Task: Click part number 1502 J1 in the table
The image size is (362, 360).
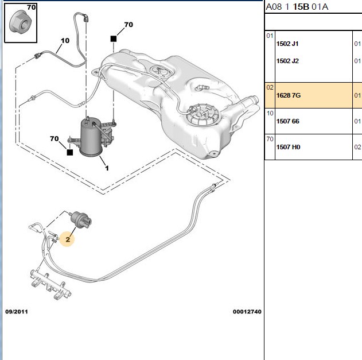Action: tap(287, 44)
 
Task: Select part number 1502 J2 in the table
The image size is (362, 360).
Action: tap(287, 61)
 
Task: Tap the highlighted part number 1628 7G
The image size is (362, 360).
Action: tap(289, 95)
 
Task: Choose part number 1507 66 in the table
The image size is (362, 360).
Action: tap(287, 121)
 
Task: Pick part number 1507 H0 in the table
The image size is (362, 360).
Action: tap(288, 147)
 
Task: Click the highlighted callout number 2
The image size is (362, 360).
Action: tap(68, 239)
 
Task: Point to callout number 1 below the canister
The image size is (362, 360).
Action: tap(107, 168)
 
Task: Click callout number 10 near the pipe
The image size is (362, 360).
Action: tap(65, 41)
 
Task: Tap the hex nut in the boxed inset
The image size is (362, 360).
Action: tap(20, 22)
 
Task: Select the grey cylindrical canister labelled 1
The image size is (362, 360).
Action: tap(91, 137)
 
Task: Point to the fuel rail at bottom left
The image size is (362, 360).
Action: tap(50, 284)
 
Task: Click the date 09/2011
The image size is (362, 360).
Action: tap(17, 312)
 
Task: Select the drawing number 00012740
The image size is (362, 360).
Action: tap(247, 312)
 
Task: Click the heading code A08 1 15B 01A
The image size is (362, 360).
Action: tap(297, 7)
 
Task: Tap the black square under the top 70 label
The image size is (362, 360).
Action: tap(114, 39)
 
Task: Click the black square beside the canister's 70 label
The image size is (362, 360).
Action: tap(70, 152)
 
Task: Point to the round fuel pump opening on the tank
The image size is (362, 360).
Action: tap(203, 115)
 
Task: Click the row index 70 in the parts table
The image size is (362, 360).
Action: tap(270, 139)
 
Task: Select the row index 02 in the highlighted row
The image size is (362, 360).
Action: tap(270, 88)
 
